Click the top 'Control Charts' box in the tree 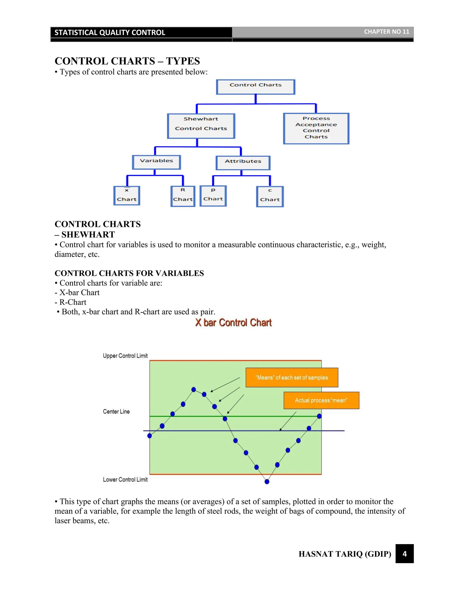256,87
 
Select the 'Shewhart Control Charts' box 201,126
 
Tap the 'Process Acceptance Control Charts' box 316,128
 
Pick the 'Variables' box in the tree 156,162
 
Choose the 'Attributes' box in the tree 243,163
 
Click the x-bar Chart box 127,196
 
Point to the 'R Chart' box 183,196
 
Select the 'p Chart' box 213,196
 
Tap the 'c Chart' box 270,197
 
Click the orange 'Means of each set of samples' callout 292,377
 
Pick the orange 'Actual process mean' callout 321,400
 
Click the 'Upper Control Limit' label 125,356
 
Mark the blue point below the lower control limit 267,482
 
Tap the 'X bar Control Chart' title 233,322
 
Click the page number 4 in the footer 404,554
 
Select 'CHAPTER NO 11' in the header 387,32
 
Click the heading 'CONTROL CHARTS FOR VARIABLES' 129,273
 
